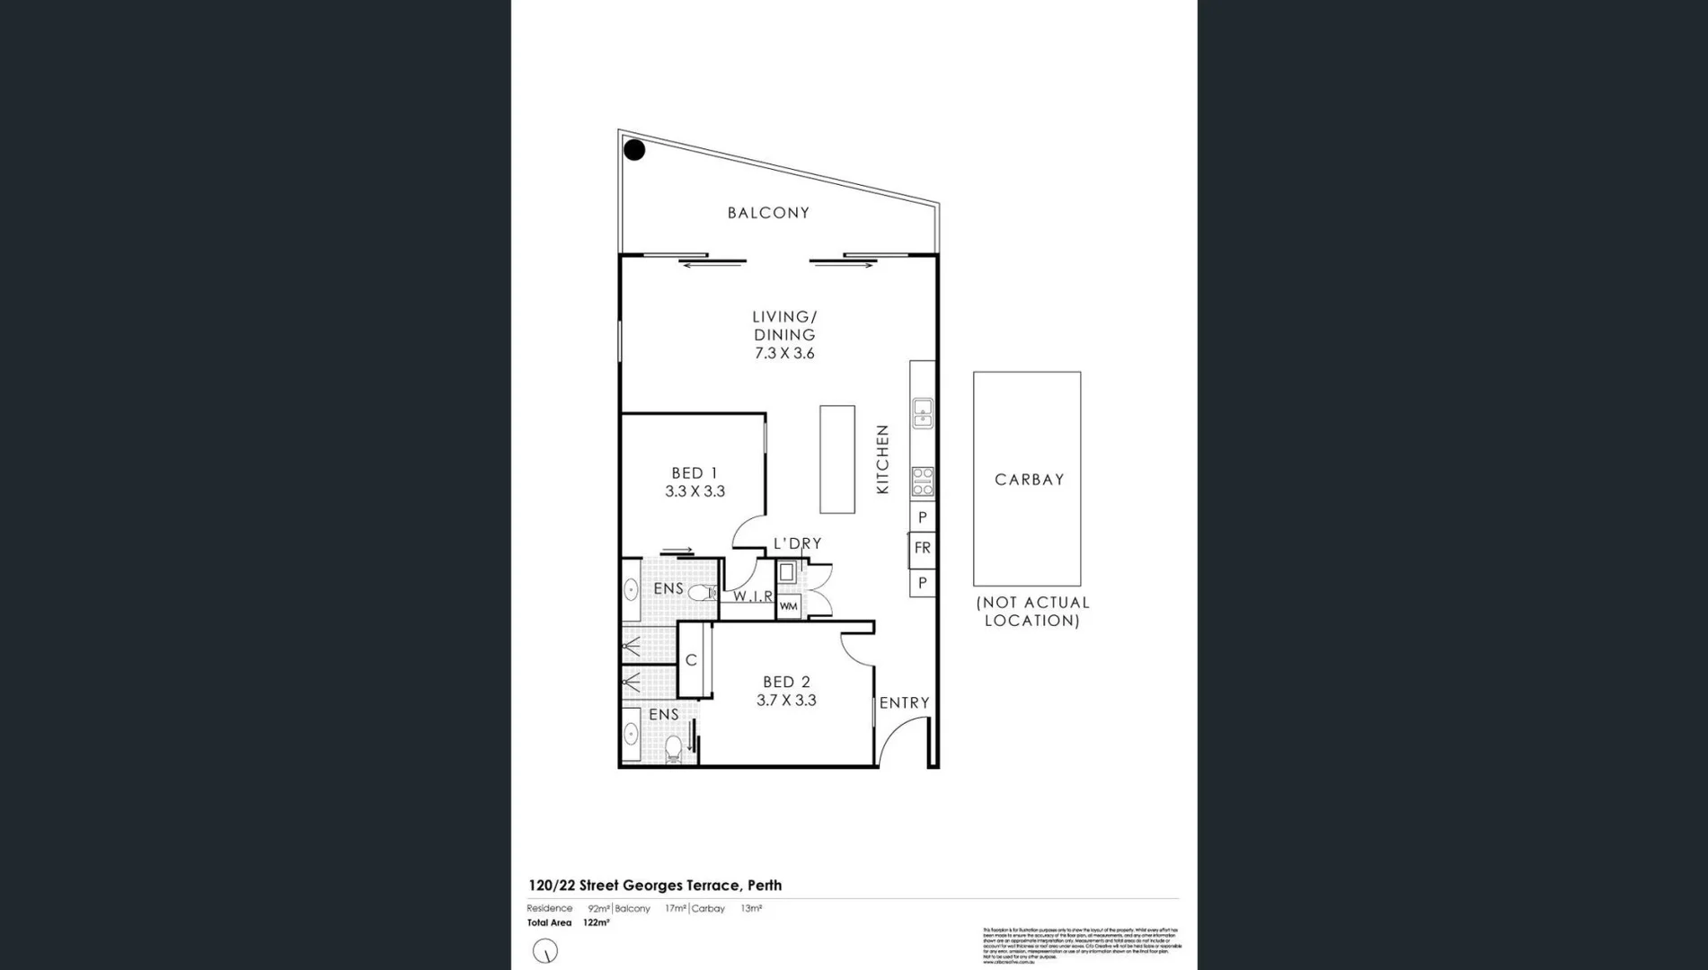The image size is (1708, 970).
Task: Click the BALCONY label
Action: pos(768,213)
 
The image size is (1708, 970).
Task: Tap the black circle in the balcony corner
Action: pos(634,150)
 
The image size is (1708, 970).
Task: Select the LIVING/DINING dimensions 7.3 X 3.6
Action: pos(784,353)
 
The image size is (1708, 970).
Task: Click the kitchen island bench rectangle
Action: pos(836,459)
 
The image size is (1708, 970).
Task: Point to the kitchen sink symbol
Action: pos(923,413)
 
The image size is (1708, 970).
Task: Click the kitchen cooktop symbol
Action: pos(923,481)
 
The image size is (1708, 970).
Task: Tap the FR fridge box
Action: pos(923,548)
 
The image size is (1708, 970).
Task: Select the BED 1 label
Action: pos(695,472)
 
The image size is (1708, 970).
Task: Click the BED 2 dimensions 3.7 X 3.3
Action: pos(786,701)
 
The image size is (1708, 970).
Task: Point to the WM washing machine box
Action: pos(788,606)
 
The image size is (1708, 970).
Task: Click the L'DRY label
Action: pos(797,543)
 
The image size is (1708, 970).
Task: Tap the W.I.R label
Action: pos(753,596)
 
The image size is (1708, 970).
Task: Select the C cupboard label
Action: pos(691,660)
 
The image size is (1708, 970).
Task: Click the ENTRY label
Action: pos(904,702)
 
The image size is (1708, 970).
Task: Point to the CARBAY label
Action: pos(1029,480)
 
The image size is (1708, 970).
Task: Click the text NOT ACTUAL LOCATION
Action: pos(1032,612)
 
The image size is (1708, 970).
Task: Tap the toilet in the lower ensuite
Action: pos(673,747)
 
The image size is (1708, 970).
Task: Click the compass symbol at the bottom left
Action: pos(545,950)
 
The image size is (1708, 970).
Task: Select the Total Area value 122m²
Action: pos(596,922)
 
